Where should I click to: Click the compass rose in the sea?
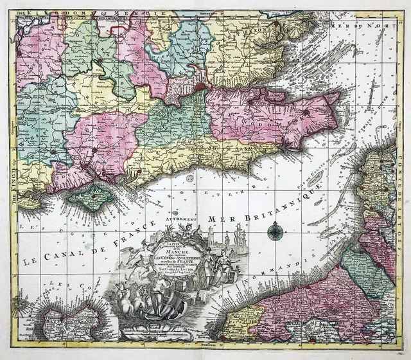[275, 230]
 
